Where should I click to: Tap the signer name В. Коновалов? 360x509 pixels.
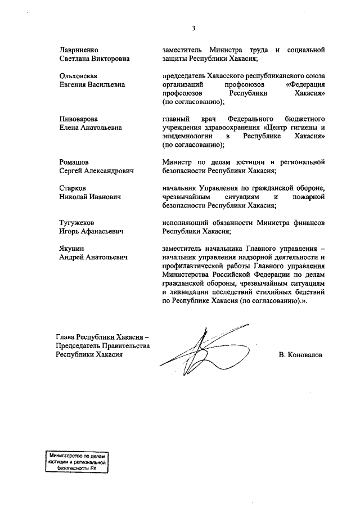pyautogui.click(x=301, y=356)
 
